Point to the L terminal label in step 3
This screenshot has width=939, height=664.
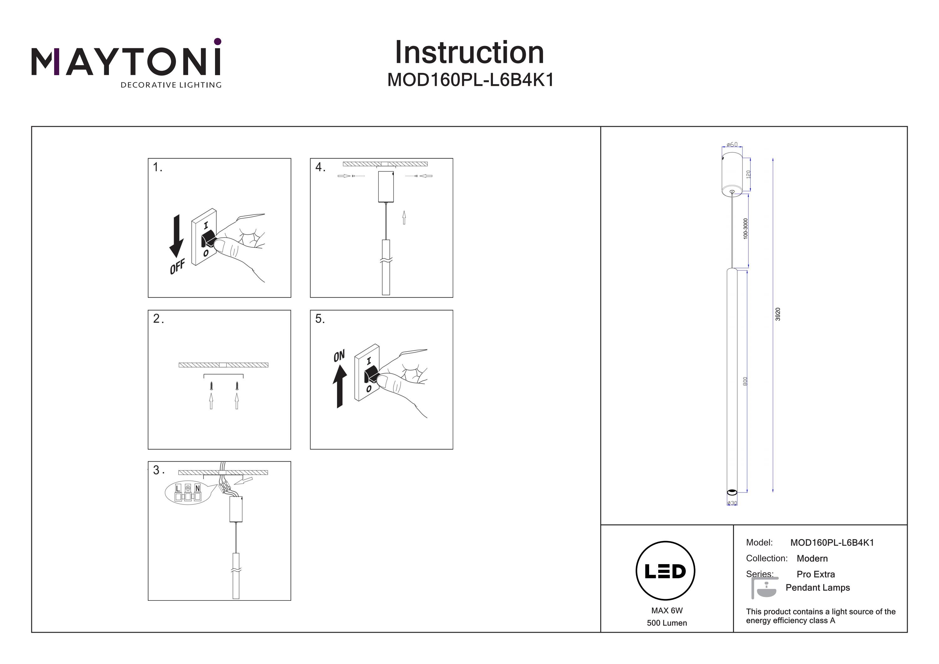[178, 488]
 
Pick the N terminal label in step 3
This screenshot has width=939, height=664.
[198, 488]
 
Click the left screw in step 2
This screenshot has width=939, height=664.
[211, 385]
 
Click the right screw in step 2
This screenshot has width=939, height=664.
[237, 385]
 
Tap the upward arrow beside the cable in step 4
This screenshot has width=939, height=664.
[404, 217]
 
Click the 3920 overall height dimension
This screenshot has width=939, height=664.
[778, 314]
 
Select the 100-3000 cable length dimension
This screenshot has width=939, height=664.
[745, 229]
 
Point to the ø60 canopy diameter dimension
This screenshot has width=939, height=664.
[732, 144]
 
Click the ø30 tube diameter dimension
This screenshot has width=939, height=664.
[732, 503]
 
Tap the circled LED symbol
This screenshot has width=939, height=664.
[665, 571]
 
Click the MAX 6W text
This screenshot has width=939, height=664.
[667, 611]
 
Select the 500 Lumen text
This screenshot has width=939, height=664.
[667, 623]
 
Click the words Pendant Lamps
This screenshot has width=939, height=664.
[818, 588]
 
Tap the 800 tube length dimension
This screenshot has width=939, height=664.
[745, 381]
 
